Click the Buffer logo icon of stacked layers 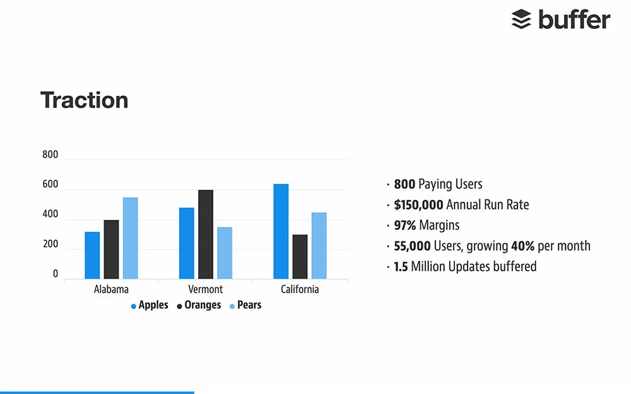(521, 20)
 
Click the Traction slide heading (84, 100)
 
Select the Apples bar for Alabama (92, 255)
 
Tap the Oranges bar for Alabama (111, 249)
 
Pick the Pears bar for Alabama (130, 238)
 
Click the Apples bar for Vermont (187, 243)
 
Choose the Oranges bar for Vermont (206, 235)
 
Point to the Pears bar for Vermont (225, 253)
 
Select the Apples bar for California (281, 231)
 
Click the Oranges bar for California (300, 257)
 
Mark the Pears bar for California (319, 246)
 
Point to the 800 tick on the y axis (50, 155)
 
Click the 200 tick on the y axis (50, 245)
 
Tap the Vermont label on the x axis (206, 289)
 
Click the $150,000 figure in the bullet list (418, 205)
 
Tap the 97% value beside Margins (405, 225)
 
